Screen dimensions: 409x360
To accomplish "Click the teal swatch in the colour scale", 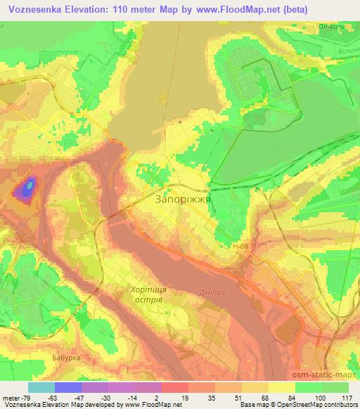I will click(41, 387).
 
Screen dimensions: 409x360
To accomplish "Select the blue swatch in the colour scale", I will click(68, 387).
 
